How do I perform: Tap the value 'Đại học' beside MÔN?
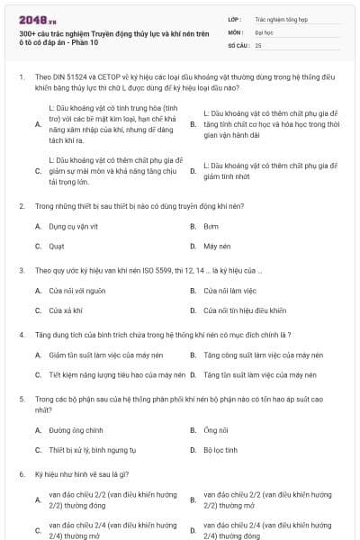(x=264, y=31)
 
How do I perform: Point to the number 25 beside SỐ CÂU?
(x=258, y=44)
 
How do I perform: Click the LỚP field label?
(x=235, y=17)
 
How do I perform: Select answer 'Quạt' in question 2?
(x=57, y=245)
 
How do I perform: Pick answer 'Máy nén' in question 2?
(x=217, y=245)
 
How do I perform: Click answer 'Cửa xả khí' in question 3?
(x=65, y=310)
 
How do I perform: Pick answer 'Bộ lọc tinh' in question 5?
(x=220, y=449)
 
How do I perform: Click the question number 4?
(x=21, y=334)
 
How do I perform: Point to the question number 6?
(x=21, y=473)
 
